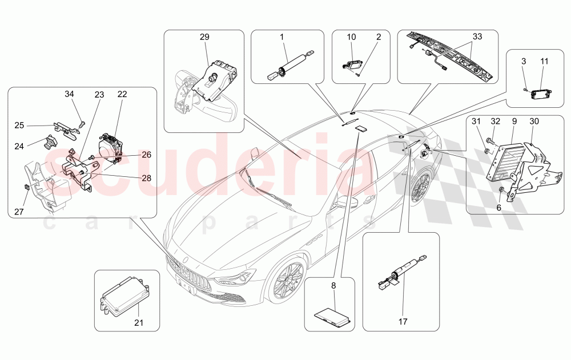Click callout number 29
204,37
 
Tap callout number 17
403,322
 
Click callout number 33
477,37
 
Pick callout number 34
69,94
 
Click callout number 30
534,121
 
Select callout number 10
352,37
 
